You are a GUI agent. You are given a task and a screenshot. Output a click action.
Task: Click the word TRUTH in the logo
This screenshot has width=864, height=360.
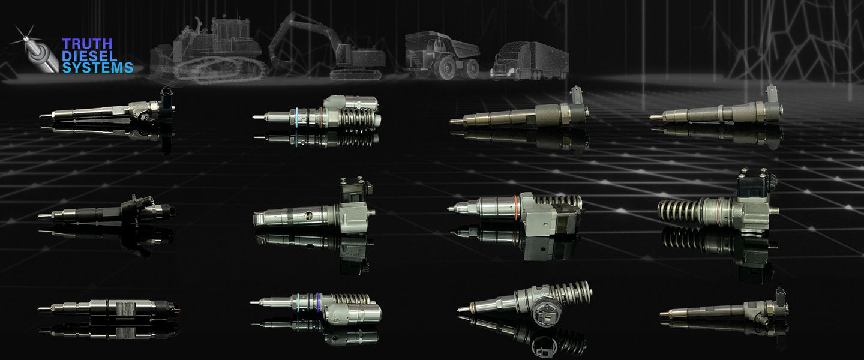click(x=87, y=43)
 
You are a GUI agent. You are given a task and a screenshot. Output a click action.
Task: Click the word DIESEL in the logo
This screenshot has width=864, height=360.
click(x=89, y=56)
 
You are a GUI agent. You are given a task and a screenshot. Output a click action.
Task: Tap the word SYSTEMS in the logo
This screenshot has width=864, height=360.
click(x=97, y=68)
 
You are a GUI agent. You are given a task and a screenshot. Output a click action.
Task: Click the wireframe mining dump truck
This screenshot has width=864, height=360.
click(x=442, y=55)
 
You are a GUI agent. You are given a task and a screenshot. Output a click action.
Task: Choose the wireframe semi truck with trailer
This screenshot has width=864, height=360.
click(x=529, y=61)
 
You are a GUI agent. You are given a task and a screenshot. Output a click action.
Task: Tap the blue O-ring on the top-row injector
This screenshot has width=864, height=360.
click(x=296, y=116)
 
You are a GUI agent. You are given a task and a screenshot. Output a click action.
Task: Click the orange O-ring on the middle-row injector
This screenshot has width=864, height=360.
click(x=516, y=207)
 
